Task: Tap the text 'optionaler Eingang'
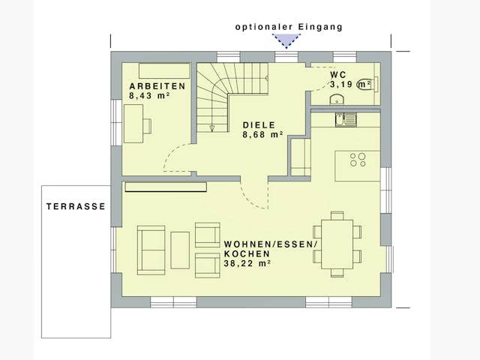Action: (289, 26)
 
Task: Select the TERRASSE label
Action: (76, 206)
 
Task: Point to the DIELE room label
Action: (259, 125)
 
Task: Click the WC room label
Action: (338, 75)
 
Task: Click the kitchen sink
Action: (346, 119)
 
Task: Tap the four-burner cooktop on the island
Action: (358, 159)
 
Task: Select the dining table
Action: (337, 243)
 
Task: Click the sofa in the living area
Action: (151, 250)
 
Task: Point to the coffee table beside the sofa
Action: (180, 250)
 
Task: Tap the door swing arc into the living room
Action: (253, 196)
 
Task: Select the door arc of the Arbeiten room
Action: (177, 157)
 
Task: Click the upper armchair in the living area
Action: (207, 234)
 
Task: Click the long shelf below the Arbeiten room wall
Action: (165, 187)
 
